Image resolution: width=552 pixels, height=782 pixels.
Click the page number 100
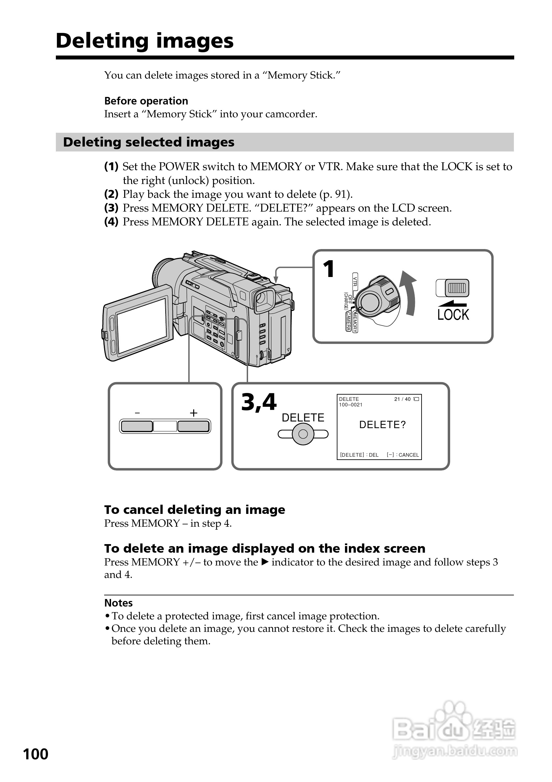(x=36, y=754)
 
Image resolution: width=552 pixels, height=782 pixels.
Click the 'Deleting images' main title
(x=144, y=41)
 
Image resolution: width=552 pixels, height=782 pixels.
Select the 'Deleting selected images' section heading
(x=149, y=142)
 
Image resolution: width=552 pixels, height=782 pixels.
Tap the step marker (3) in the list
(x=111, y=208)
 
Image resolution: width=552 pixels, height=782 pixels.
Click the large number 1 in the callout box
(x=329, y=269)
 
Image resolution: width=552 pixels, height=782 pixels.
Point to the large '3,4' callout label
(x=259, y=402)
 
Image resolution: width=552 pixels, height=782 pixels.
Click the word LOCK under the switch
(x=453, y=315)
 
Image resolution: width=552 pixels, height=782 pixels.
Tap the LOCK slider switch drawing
(x=452, y=288)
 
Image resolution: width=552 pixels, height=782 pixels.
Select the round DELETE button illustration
(x=303, y=434)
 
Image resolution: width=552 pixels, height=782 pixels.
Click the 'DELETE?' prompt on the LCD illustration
(x=382, y=425)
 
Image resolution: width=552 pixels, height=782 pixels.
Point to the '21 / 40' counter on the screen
(x=402, y=399)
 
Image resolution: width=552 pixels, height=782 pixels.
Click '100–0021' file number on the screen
(x=350, y=404)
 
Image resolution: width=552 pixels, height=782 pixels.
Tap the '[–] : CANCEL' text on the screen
(x=402, y=455)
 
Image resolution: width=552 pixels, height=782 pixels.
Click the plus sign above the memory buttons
(x=194, y=413)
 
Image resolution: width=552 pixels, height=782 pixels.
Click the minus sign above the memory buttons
(x=137, y=413)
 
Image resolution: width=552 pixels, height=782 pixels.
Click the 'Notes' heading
(x=118, y=603)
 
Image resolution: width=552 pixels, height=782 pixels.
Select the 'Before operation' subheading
(x=146, y=101)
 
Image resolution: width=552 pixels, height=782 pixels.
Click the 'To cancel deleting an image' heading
(x=195, y=510)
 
